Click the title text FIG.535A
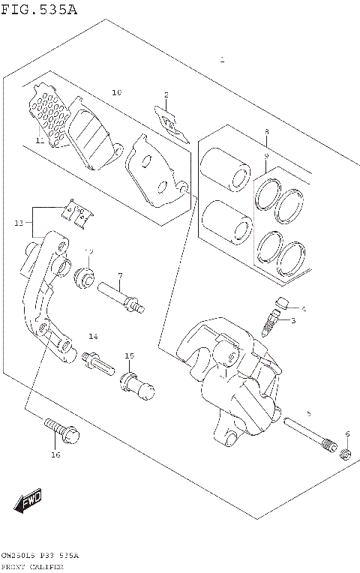pos(39,9)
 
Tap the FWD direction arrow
pos(28,501)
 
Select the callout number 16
pos(55,454)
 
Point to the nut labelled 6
pos(346,454)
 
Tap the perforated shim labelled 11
pos(49,116)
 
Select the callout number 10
pos(116,93)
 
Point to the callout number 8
pos(265,132)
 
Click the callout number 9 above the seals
pos(265,155)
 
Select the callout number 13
pos(19,223)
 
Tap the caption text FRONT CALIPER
pos(31,567)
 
